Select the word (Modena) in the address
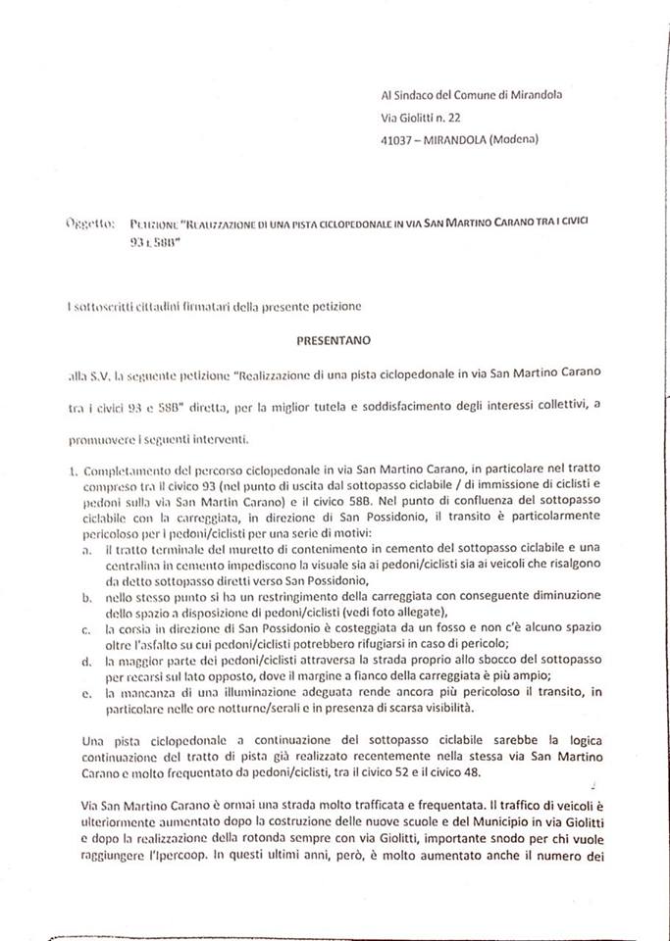pyautogui.click(x=514, y=139)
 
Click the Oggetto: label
pyautogui.click(x=89, y=223)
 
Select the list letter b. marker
pyautogui.click(x=89, y=596)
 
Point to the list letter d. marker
pyautogui.click(x=89, y=664)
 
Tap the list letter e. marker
pyautogui.click(x=89, y=693)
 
